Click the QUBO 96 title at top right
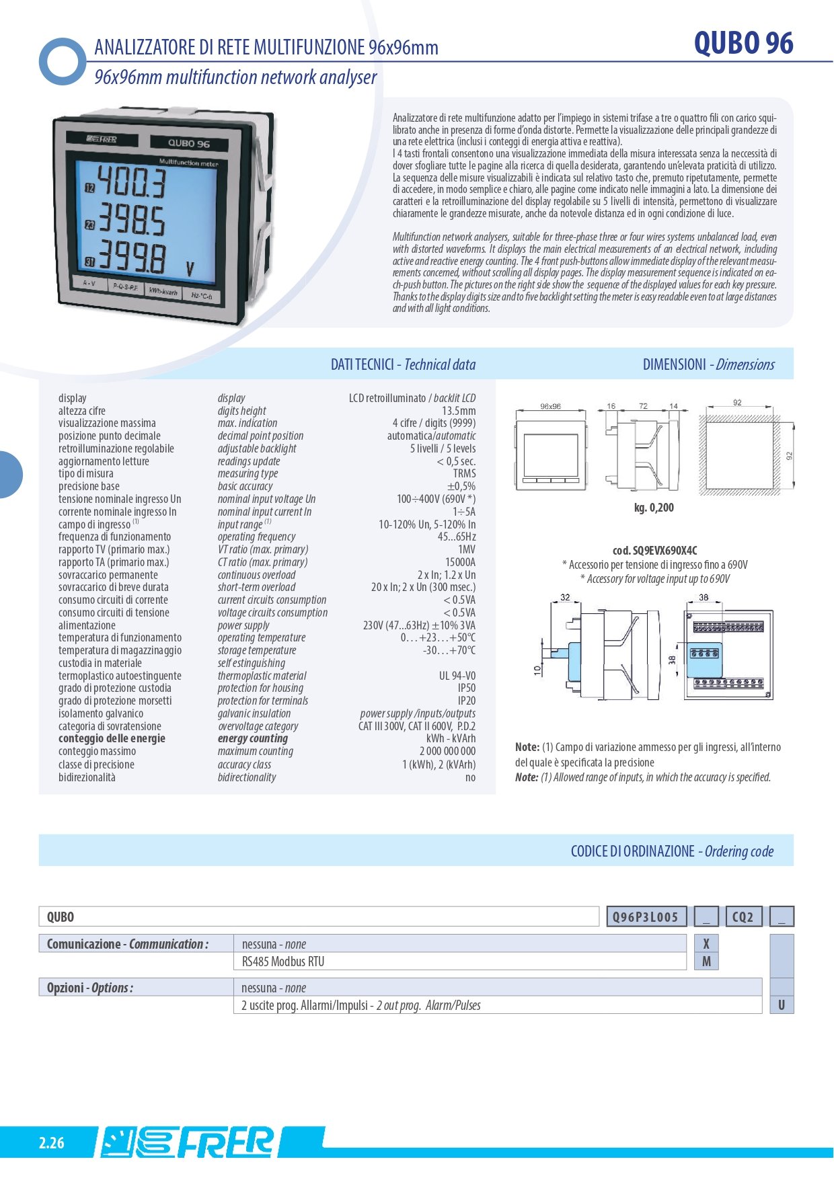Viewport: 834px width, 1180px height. [743, 44]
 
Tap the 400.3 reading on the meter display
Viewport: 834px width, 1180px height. [132, 183]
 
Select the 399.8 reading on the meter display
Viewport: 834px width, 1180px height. [132, 258]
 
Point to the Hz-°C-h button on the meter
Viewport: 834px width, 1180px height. [201, 296]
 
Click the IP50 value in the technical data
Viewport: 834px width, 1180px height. [466, 689]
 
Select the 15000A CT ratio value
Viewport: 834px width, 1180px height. [460, 562]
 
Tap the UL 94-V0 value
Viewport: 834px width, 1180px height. [457, 676]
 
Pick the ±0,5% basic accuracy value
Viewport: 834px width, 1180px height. [461, 486]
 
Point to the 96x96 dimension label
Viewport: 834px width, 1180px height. [550, 406]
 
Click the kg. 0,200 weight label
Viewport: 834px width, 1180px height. [653, 508]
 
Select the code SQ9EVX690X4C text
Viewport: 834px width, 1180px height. [654, 550]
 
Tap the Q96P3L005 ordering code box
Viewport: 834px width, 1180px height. [646, 917]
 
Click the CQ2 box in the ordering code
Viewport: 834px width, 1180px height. [743, 917]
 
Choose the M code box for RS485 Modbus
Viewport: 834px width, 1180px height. [706, 961]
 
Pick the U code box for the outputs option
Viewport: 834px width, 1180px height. [782, 1005]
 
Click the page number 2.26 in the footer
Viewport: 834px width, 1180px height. [52, 1143]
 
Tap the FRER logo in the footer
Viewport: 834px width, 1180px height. [188, 1142]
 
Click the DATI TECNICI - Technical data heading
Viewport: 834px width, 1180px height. [403, 364]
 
